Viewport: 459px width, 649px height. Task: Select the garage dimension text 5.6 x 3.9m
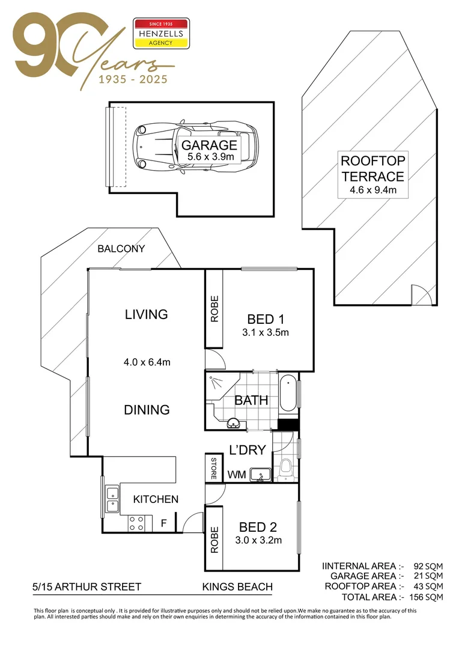[209, 157]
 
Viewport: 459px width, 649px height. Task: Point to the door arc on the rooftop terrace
[423, 295]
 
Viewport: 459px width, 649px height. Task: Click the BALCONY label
[121, 249]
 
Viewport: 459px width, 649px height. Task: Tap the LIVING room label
[146, 314]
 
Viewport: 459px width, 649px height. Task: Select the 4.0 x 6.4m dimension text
[147, 362]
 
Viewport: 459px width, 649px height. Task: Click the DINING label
[147, 410]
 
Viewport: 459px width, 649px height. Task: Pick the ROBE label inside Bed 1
[214, 309]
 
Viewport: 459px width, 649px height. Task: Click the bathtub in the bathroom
[289, 395]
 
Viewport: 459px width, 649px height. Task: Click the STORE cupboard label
[213, 469]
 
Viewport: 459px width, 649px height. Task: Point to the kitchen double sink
[111, 499]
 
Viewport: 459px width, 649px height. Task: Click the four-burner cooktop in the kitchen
[136, 523]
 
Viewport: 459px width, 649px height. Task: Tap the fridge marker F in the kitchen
[163, 523]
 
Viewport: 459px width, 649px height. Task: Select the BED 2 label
[257, 528]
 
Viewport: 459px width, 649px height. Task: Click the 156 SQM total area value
[429, 597]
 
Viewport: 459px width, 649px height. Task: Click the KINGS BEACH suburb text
[237, 587]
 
